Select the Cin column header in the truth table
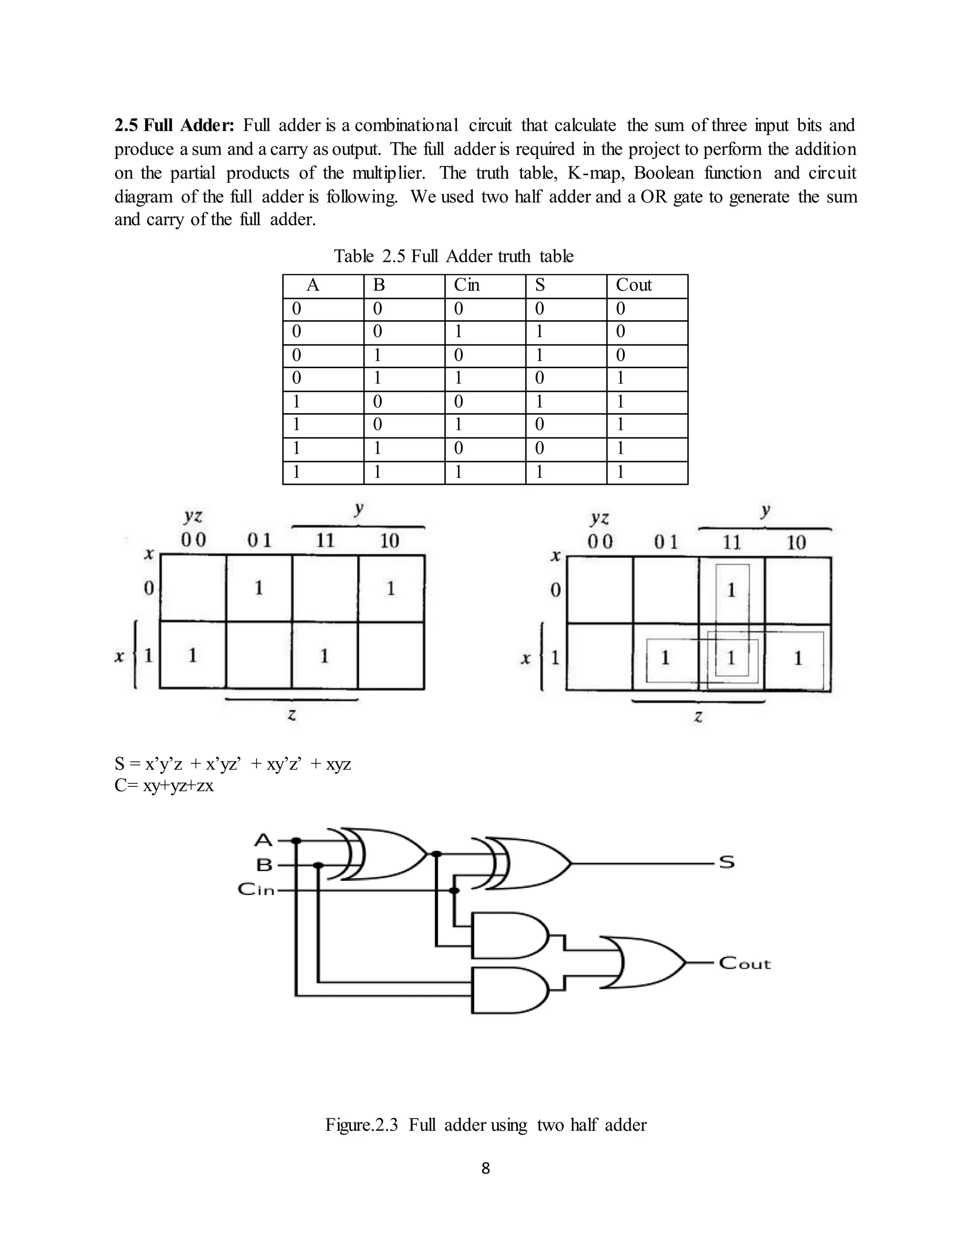[467, 285]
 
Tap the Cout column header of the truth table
[633, 285]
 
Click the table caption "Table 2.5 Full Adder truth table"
[453, 256]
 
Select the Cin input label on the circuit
[256, 889]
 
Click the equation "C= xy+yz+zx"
[164, 786]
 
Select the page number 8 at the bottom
[485, 1168]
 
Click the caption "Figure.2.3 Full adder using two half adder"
[485, 1125]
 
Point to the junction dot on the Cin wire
[454, 890]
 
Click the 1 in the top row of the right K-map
[732, 590]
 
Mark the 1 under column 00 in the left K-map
[192, 655]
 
